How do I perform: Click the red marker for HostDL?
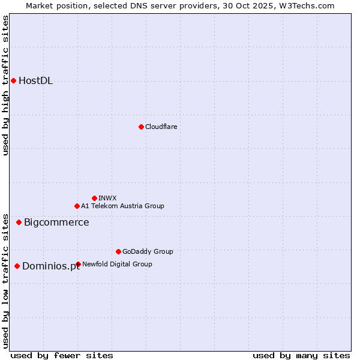[x=13, y=80]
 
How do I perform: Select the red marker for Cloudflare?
[x=141, y=127]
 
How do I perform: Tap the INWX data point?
[x=94, y=198]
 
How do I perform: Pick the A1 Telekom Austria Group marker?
[x=77, y=206]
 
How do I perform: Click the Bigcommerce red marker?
[x=19, y=222]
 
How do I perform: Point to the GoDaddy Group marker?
[x=118, y=251]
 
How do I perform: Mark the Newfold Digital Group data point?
[x=78, y=264]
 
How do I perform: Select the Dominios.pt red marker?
[x=17, y=266]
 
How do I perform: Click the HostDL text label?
[x=35, y=81]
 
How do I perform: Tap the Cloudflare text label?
[x=161, y=127]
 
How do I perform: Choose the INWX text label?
[x=107, y=198]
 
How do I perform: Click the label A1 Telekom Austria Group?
[x=122, y=206]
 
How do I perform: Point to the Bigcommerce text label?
[x=56, y=223]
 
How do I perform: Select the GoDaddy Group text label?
[x=148, y=251]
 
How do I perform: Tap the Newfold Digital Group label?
[x=117, y=264]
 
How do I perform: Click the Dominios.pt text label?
[x=51, y=266]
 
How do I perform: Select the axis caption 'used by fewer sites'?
[x=62, y=356]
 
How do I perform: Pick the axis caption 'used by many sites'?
[x=301, y=356]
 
